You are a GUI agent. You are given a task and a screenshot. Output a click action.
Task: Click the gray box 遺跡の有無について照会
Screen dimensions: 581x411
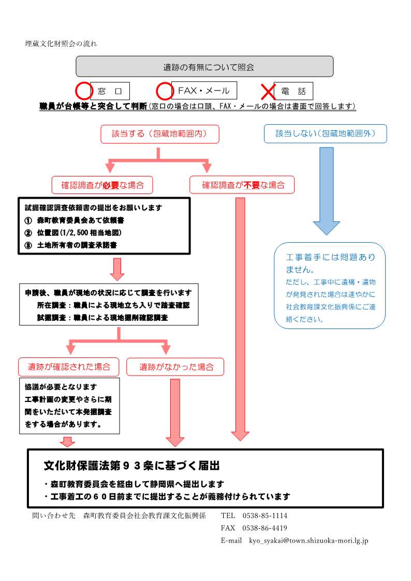[x=204, y=67]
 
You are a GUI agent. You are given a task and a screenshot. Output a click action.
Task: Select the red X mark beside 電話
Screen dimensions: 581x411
[x=268, y=92]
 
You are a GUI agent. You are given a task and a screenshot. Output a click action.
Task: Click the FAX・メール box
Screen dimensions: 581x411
[x=204, y=91]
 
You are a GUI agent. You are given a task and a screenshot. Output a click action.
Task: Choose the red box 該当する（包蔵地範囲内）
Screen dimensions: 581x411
[x=159, y=134]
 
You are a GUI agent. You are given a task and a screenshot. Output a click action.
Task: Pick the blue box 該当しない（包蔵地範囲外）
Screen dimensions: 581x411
[x=325, y=134]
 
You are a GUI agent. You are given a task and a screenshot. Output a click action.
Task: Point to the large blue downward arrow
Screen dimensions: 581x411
[x=326, y=191]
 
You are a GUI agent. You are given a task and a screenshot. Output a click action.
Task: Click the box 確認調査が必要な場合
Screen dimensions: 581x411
[x=102, y=185]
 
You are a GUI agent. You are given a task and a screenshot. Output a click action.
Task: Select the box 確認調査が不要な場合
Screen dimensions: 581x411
[x=242, y=185]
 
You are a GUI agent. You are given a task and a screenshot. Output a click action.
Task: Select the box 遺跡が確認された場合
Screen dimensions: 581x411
[x=69, y=367]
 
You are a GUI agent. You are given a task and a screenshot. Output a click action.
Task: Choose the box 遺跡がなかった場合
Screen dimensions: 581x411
[x=175, y=367]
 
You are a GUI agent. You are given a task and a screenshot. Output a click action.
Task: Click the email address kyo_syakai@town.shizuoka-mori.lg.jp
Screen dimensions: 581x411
[x=309, y=541]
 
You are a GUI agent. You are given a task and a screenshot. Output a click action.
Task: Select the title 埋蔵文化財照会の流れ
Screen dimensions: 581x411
[x=61, y=43]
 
